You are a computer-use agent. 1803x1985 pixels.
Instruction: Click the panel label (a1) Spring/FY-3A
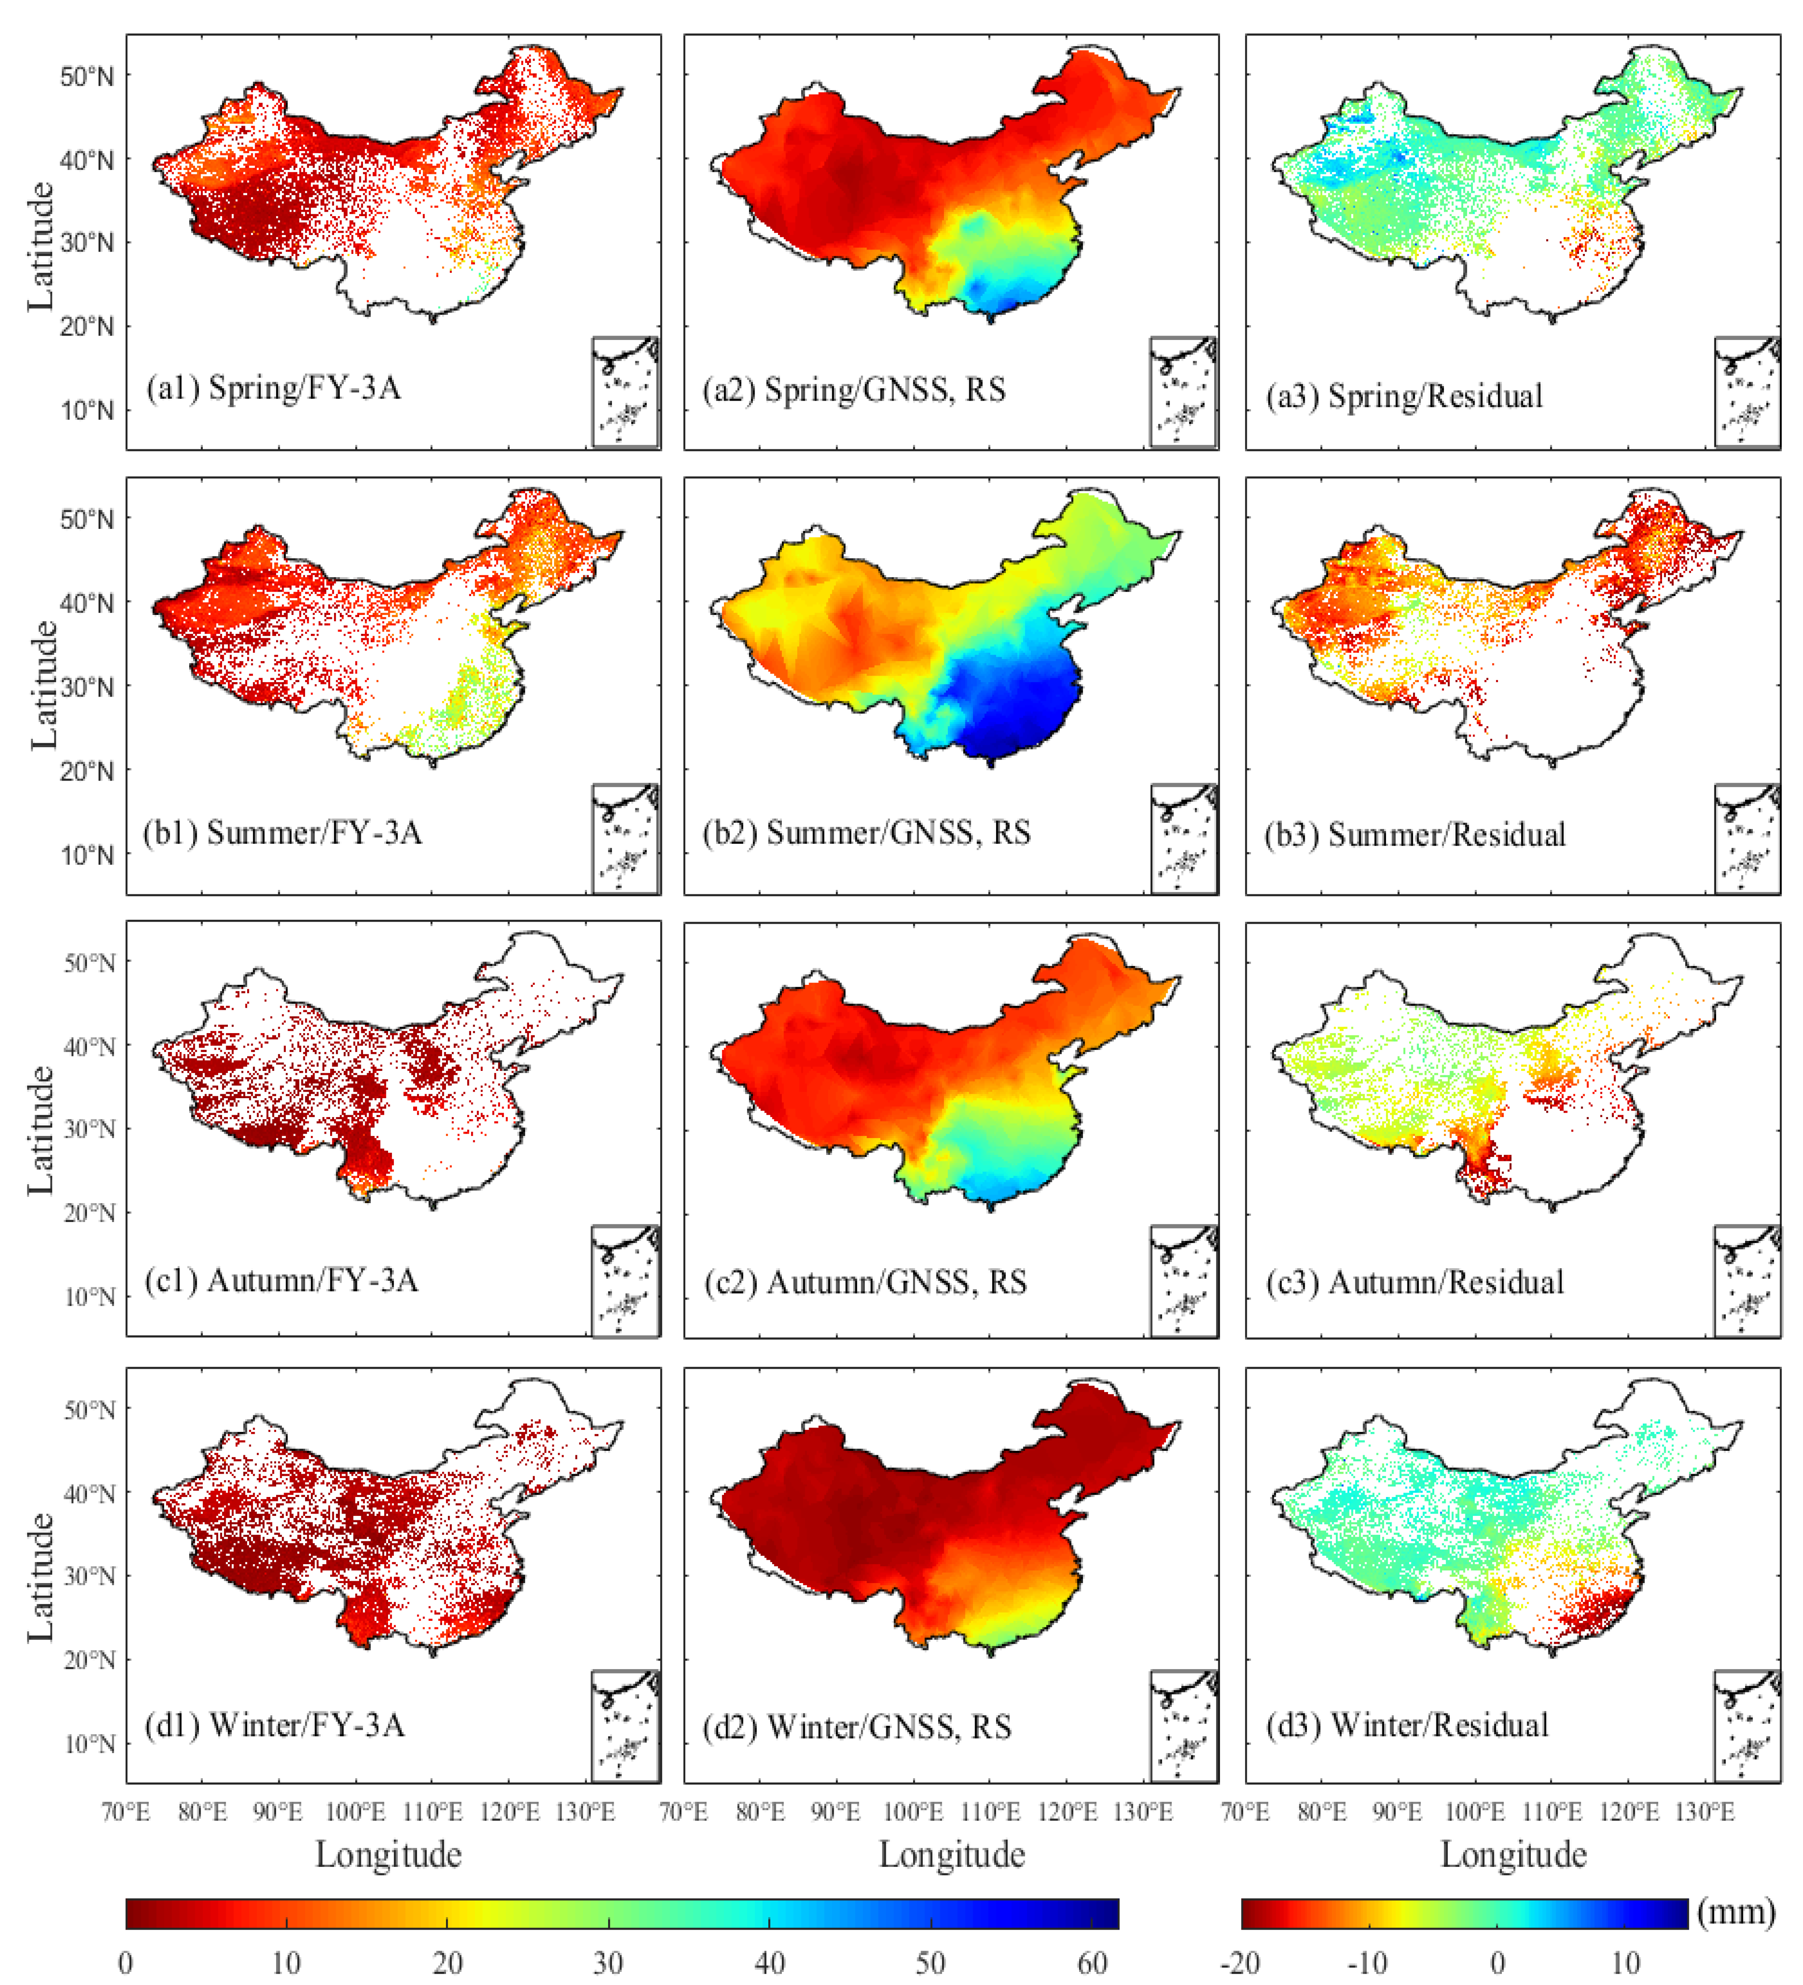(274, 388)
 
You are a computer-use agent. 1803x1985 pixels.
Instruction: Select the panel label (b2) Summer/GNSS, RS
(866, 833)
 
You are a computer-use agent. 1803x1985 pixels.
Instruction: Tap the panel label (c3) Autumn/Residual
(1414, 1282)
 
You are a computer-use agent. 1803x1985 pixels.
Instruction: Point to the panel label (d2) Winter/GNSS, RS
(856, 1727)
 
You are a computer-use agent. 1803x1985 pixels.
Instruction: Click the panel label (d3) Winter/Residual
(1407, 1725)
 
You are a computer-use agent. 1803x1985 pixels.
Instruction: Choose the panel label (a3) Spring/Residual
(1404, 396)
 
